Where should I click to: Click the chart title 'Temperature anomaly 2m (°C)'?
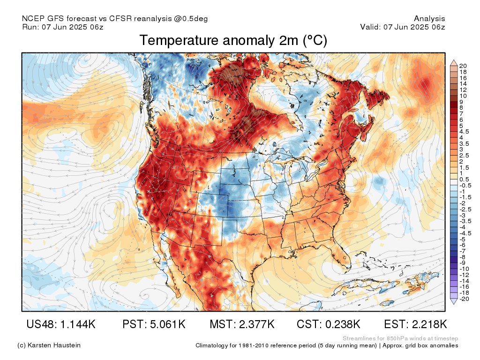233,40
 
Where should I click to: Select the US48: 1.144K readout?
61,324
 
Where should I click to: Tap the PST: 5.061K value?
154,324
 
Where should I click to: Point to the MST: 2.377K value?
242,324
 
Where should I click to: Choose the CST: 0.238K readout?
329,324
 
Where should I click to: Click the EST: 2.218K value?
415,324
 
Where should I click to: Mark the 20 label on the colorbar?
463,66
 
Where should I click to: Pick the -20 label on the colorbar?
465,299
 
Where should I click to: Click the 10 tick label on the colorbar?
463,96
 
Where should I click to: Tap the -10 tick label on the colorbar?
465,269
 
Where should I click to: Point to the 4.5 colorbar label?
464,132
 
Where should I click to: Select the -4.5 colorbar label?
465,233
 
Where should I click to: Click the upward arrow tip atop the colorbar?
454,60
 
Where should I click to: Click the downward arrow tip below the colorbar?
454,304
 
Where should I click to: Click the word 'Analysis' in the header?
429,19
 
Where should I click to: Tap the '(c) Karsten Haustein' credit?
49,345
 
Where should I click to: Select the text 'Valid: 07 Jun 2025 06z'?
403,27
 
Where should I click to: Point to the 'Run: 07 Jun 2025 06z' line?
63,27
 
